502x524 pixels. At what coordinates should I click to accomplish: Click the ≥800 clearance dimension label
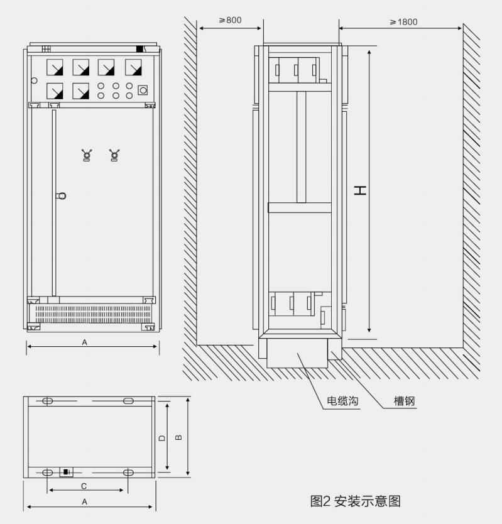[230, 20]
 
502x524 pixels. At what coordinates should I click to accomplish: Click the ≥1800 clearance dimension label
[404, 22]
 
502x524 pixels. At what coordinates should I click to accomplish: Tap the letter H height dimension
[360, 191]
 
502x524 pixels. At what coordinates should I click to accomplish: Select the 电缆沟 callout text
[342, 401]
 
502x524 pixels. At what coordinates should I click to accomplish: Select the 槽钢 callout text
[405, 401]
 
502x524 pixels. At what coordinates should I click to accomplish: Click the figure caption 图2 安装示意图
[355, 501]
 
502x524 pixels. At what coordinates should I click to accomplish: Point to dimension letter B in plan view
[179, 437]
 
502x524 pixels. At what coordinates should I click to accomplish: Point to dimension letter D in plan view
[162, 438]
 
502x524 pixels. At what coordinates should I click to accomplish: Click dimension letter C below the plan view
[84, 486]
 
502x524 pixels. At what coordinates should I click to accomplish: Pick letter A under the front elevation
[85, 342]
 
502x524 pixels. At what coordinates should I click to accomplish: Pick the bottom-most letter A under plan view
[85, 501]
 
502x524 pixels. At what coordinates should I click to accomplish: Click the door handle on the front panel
[61, 196]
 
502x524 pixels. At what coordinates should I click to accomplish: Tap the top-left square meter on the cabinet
[55, 67]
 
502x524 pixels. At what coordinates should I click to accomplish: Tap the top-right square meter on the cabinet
[133, 67]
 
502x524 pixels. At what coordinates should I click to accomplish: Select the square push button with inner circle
[143, 90]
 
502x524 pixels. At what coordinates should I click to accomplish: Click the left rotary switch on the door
[87, 155]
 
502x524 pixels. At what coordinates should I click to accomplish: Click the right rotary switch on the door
[114, 155]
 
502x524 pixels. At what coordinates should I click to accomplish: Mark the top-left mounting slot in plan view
[48, 401]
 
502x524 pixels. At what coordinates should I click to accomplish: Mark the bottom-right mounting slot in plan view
[128, 472]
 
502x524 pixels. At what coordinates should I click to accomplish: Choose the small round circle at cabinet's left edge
[34, 80]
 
